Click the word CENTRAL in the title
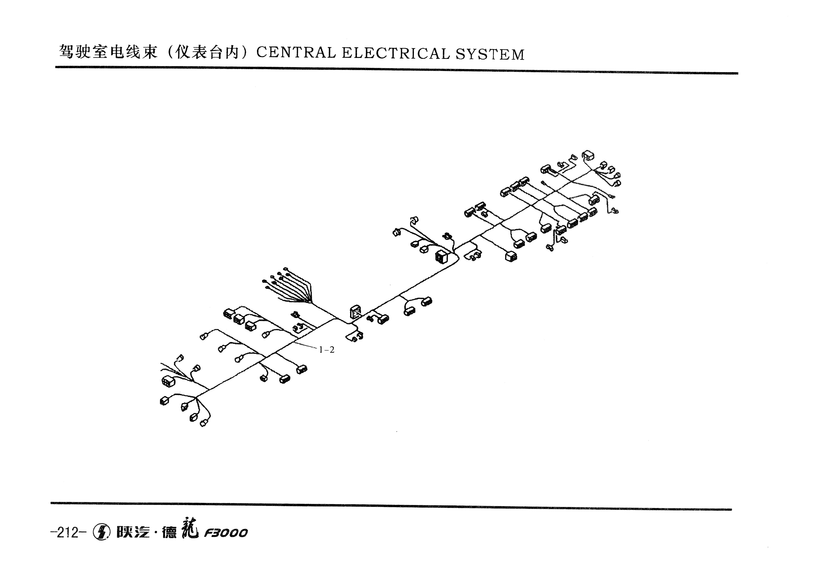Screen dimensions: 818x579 pyautogui.click(x=296, y=53)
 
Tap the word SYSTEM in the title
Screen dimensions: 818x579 pyautogui.click(x=490, y=54)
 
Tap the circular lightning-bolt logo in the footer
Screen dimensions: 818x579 pyautogui.click(x=101, y=532)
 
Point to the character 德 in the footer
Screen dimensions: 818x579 pyautogui.click(x=169, y=533)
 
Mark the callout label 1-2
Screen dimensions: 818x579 pyautogui.click(x=327, y=350)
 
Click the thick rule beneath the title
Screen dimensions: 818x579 pyautogui.click(x=397, y=70)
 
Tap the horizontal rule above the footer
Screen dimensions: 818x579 pyautogui.click(x=391, y=506)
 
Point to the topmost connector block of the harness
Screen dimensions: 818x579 pyautogui.click(x=588, y=155)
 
